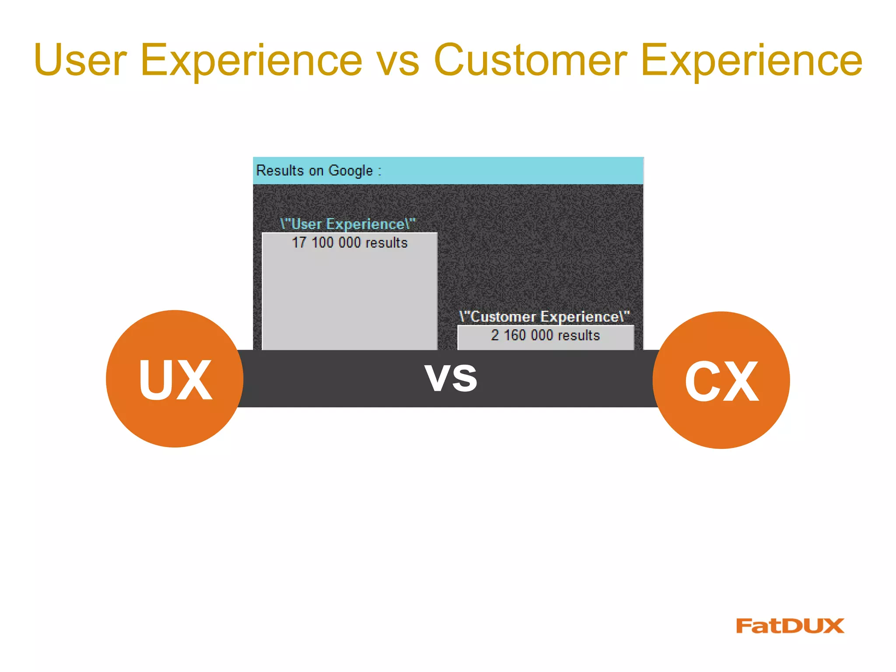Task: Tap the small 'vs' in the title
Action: pyautogui.click(x=398, y=61)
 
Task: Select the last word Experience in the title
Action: pyautogui.click(x=751, y=61)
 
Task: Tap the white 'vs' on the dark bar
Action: pyautogui.click(x=451, y=378)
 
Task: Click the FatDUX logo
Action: pyautogui.click(x=790, y=626)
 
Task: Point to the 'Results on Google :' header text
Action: pyautogui.click(x=318, y=170)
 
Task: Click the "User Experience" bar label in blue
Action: pyautogui.click(x=348, y=224)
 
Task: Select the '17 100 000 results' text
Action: pyautogui.click(x=350, y=242)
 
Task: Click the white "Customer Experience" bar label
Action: pyautogui.click(x=545, y=316)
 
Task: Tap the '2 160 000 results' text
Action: pyautogui.click(x=545, y=335)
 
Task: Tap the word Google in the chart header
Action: pyautogui.click(x=350, y=170)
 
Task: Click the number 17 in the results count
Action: pyautogui.click(x=299, y=242)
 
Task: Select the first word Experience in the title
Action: pyautogui.click(x=251, y=61)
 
